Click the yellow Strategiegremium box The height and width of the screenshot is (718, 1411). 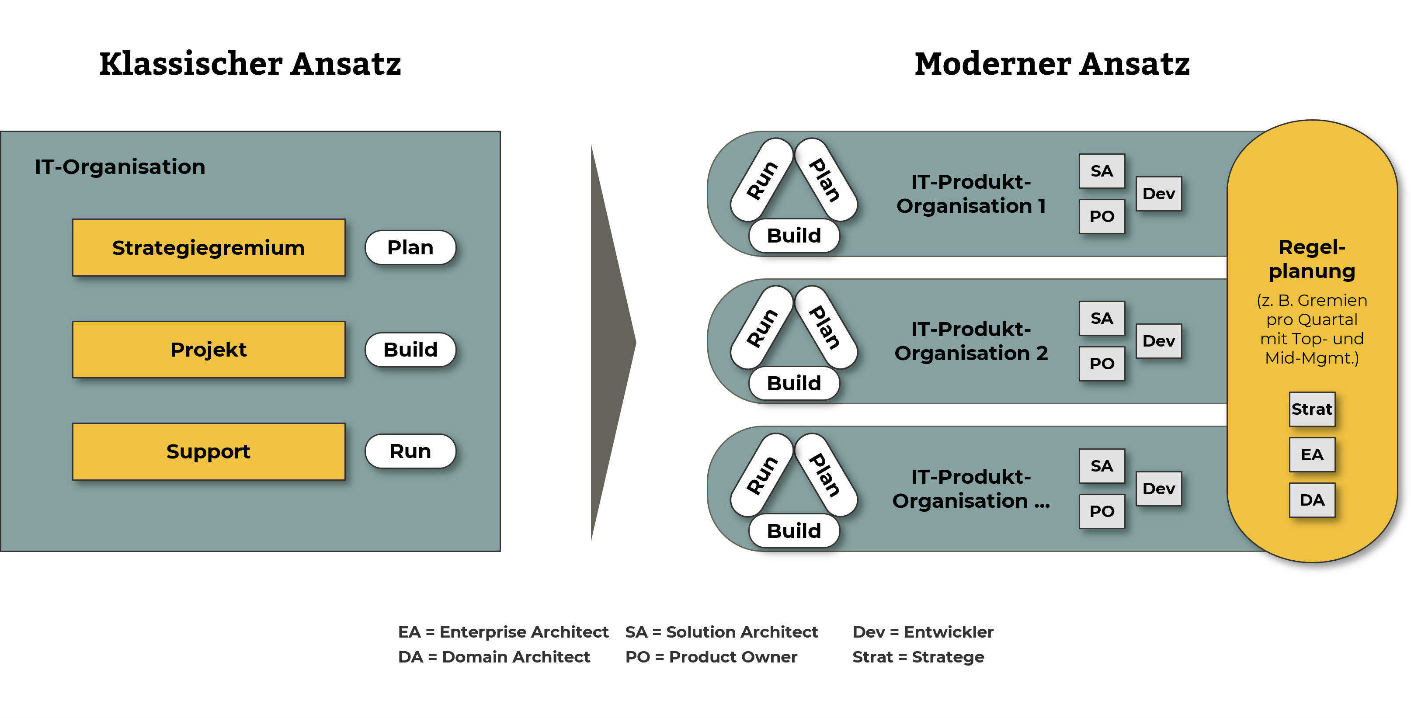point(209,247)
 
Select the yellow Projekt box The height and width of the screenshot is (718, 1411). point(209,350)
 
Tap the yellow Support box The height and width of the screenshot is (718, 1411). point(209,451)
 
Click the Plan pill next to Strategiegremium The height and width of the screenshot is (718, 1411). point(410,247)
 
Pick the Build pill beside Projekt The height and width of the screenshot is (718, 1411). point(410,350)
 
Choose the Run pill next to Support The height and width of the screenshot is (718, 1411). point(410,451)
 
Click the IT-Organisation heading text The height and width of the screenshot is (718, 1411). point(120,166)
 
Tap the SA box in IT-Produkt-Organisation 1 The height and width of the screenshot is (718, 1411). point(1102,171)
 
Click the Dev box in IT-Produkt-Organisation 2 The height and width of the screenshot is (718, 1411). point(1158,341)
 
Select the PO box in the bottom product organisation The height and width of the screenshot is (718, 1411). point(1102,511)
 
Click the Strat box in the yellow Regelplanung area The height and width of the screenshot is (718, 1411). point(1311,409)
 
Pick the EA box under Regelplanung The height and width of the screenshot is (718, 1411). point(1311,454)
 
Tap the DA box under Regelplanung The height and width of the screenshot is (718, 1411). point(1311,500)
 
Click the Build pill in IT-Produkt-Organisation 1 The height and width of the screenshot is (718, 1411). point(794,236)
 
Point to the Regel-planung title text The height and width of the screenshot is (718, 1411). point(1311,259)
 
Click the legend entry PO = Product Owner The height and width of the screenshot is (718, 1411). point(711,657)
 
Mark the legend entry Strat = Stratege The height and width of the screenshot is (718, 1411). point(918,657)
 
